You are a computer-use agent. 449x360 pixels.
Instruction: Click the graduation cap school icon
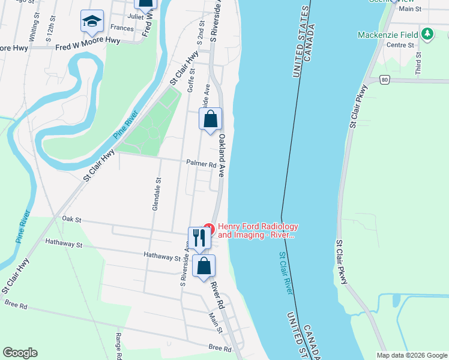click(92, 22)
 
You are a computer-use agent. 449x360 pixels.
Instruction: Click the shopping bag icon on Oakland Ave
click(210, 119)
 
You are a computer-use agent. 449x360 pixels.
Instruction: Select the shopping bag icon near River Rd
click(204, 265)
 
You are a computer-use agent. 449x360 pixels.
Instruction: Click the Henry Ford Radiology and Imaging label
click(258, 230)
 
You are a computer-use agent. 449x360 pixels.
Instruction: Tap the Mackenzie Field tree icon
click(427, 34)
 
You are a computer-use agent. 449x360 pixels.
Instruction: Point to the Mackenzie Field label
click(388, 35)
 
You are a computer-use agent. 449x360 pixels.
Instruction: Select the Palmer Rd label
click(200, 164)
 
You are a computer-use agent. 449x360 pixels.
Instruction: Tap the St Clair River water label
click(286, 272)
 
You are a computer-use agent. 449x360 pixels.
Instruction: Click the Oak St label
click(71, 220)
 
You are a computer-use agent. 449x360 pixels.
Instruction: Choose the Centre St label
click(400, 45)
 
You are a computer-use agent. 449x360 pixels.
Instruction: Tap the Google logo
click(20, 353)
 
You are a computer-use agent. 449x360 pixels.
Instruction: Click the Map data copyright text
click(411, 355)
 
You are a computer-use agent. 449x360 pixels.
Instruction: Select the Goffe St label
click(191, 79)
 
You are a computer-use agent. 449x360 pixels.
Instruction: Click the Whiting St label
click(35, 29)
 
